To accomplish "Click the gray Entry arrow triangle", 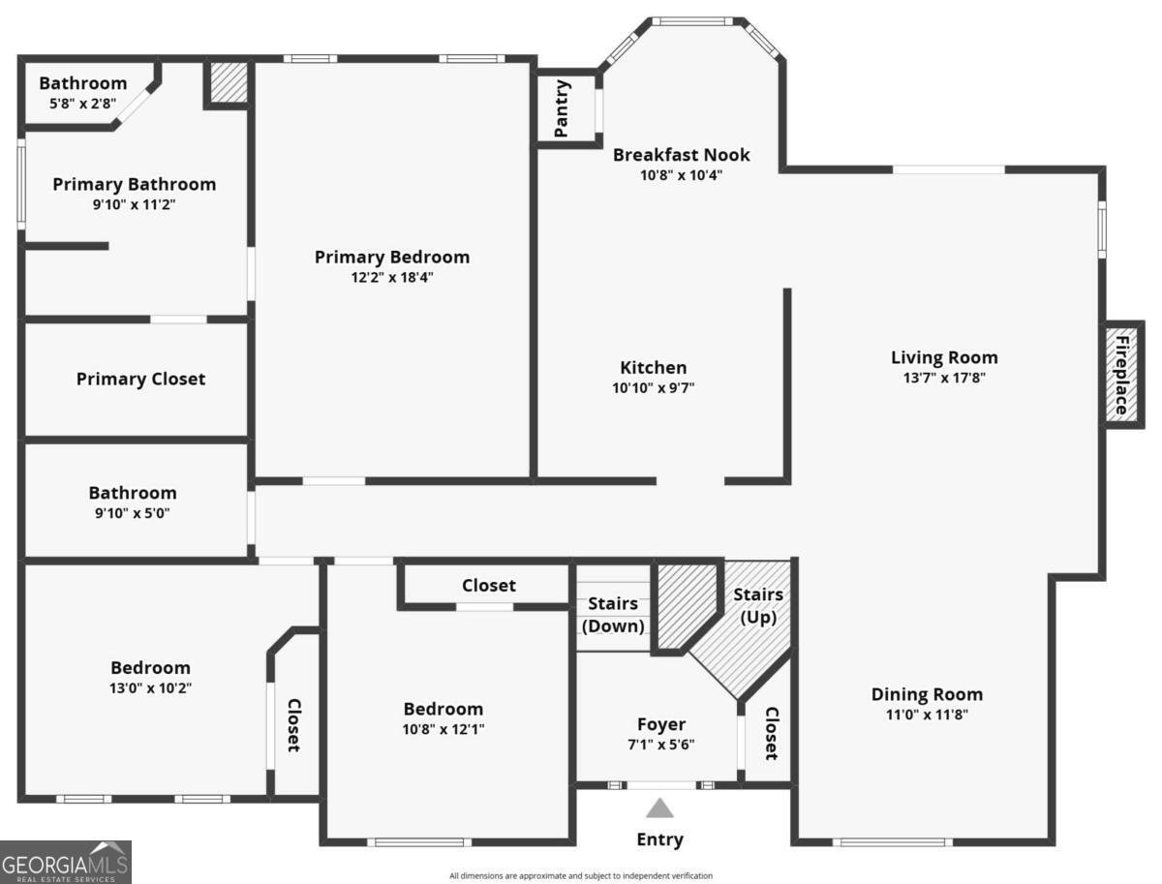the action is coord(659,808).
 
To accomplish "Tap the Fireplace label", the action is coord(1121,375).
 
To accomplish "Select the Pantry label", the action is coord(561,108).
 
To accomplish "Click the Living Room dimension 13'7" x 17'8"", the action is coord(944,378).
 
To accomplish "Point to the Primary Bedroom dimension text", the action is coord(392,277).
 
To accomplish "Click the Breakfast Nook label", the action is coord(682,155).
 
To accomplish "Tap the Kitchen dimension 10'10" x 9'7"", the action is coord(654,388).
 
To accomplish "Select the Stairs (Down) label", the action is coord(613,615).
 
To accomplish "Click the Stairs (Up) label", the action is coord(758,606).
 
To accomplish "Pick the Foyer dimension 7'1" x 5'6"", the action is coord(661,745).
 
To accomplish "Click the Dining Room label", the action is coord(927,694).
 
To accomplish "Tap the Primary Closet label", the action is coord(140,380).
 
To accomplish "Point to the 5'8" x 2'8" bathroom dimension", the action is coord(83,104).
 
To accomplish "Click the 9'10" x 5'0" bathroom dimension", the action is coord(133,513).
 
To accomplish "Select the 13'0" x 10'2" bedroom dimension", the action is coord(151,688).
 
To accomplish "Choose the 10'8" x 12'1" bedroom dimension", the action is coord(443,729).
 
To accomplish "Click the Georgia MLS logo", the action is coord(65,863).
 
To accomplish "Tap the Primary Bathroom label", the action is coord(135,185).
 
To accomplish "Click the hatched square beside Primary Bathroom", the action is coord(227,82).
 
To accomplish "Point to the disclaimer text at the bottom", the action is coord(581,875).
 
